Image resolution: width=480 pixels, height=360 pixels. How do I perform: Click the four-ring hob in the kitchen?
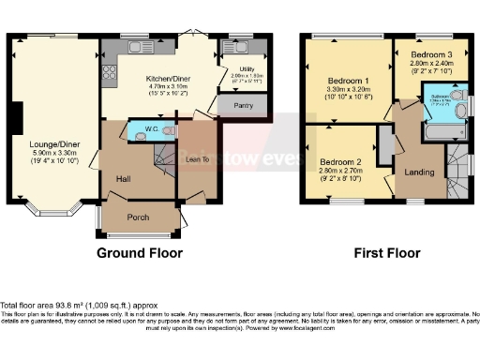point(110,71)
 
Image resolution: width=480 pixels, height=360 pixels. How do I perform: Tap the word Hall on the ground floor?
point(123,177)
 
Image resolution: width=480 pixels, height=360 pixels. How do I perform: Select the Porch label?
point(139,218)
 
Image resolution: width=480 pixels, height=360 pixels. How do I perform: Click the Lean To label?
point(198,160)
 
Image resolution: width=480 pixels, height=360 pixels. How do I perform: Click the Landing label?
point(417,172)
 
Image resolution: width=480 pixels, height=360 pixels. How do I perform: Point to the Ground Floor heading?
point(140,253)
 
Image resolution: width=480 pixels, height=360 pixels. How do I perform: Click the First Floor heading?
point(386,253)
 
